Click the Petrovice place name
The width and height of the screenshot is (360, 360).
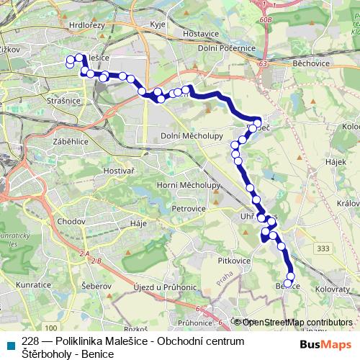[189, 207]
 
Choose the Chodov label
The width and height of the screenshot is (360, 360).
[71, 220]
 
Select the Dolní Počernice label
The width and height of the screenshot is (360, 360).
[228, 48]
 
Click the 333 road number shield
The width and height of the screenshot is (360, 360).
[323, 248]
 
